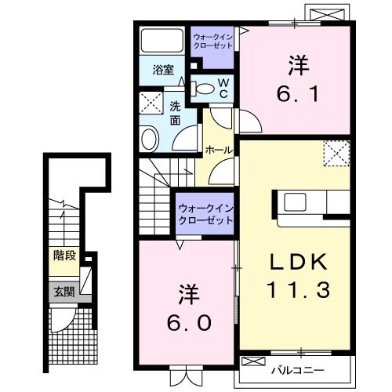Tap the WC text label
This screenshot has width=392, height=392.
[223, 88]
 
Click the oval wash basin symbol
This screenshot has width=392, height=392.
[149, 139]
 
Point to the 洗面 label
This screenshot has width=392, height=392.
[176, 114]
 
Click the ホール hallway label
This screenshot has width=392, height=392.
[217, 149]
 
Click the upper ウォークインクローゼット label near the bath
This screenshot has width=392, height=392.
[212, 41]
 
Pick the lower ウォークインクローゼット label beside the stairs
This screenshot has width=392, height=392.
[205, 214]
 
